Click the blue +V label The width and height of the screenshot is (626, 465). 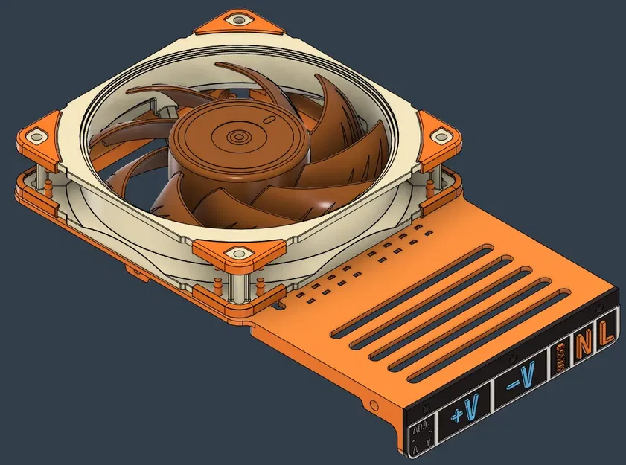467,406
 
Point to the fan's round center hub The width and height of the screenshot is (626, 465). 240,139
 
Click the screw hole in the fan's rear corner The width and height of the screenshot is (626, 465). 239,20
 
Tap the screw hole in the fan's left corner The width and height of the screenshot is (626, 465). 34,136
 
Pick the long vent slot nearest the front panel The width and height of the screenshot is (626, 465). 476,335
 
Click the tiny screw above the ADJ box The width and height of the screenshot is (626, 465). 425,411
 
